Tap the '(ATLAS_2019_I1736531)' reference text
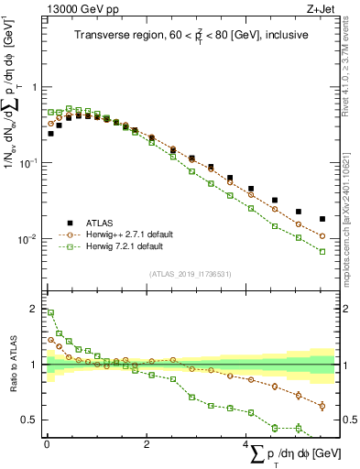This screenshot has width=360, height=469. click(x=191, y=274)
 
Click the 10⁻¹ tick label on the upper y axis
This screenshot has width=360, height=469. click(x=29, y=163)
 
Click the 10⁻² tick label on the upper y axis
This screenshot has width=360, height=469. click(x=29, y=239)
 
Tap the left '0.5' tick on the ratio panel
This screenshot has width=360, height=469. click(x=30, y=420)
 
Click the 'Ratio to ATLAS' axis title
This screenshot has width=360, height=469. click(x=12, y=365)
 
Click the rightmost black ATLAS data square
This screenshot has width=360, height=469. click(x=322, y=219)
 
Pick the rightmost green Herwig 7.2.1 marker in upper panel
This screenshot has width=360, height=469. click(x=322, y=251)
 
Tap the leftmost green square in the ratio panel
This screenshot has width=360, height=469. click(x=50, y=312)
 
